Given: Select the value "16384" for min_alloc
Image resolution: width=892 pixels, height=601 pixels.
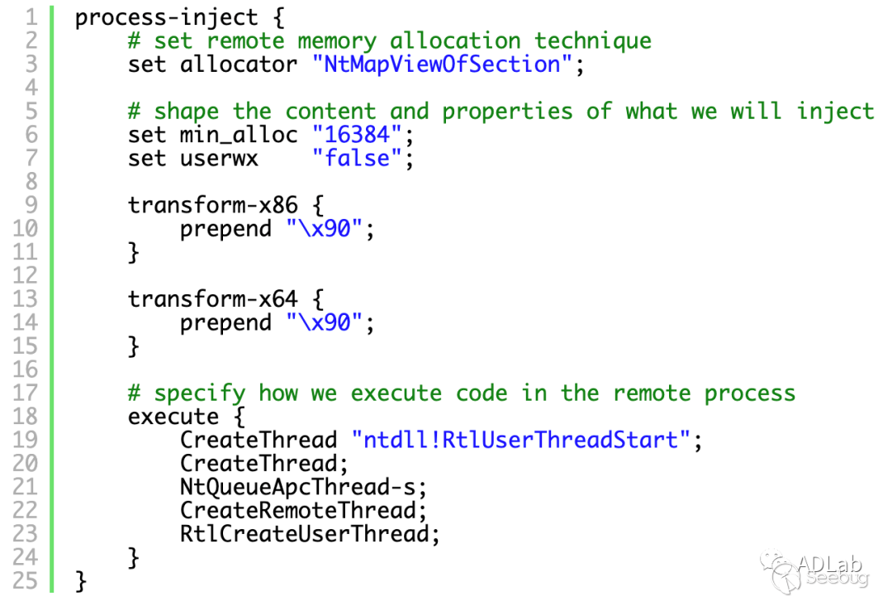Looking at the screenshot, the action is pos(357,135).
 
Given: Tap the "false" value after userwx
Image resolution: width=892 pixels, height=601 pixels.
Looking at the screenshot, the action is pos(357,158).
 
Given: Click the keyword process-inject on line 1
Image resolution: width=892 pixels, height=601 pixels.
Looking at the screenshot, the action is pos(166,17).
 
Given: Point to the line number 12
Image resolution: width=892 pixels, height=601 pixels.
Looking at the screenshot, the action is pos(26,275).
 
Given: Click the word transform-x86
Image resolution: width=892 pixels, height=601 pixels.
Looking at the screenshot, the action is pos(213,204).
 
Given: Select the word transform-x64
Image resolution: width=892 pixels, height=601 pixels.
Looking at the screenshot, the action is pos(213,298).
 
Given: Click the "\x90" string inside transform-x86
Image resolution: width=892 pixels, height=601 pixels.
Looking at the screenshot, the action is pos(325,228).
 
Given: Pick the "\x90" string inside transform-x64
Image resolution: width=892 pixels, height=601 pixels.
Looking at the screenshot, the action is pos(325,322).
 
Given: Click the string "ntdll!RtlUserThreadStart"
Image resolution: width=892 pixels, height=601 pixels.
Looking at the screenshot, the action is pos(521,440).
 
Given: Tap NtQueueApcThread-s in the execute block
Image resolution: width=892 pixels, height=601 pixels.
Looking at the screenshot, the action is pos(298,487).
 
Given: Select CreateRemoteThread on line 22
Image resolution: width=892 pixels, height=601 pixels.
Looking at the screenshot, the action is pos(298,510).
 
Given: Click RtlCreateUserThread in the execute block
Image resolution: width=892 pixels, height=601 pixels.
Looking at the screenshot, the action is pos(305,534).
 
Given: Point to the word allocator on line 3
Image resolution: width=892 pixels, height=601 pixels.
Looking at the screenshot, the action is pos(239,64).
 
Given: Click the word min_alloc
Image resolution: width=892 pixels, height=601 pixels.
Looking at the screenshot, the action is pos(239,135).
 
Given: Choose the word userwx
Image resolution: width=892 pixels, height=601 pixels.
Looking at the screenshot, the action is pos(219,159).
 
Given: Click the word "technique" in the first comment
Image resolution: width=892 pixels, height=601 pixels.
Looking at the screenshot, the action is pos(593,41).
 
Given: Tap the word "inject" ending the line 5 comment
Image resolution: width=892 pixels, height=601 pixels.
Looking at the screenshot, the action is pos(835,111).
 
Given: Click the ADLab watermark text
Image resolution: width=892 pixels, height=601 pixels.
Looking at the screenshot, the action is pos(829,564).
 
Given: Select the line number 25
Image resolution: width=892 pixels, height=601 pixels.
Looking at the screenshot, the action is pos(26,580).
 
